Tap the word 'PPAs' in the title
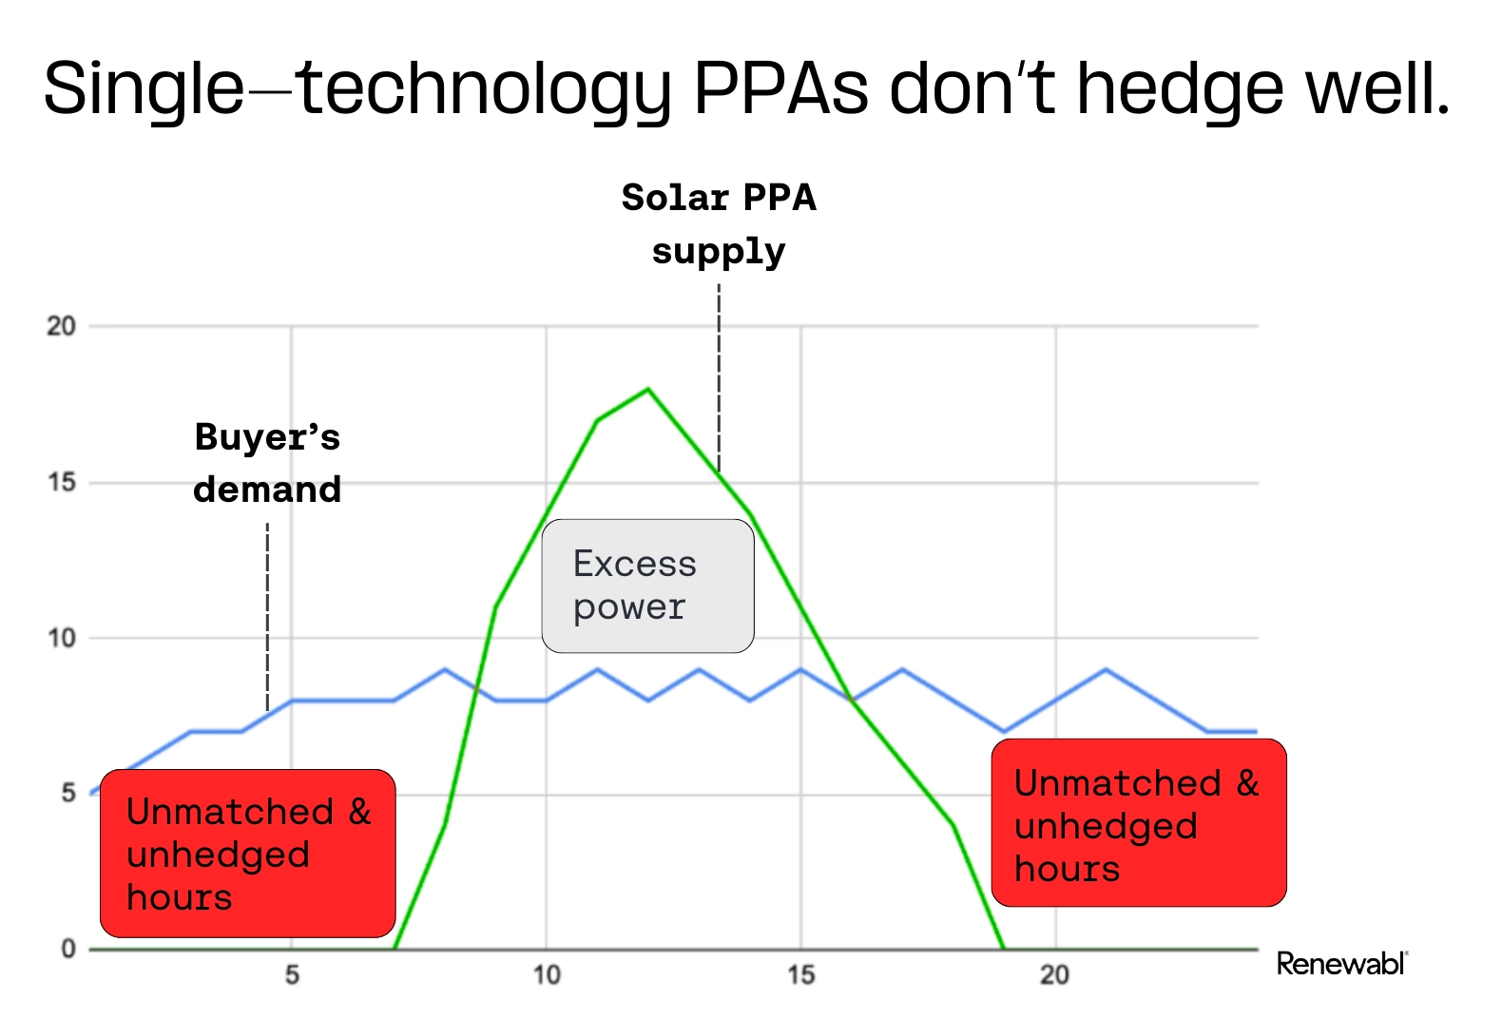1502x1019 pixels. [x=780, y=88]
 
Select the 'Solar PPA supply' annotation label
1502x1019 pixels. [x=719, y=224]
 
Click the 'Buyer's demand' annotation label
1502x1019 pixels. [x=267, y=463]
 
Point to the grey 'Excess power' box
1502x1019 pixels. [x=647, y=586]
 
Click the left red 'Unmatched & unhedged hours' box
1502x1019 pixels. [x=247, y=854]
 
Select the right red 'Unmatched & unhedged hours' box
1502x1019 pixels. [x=1138, y=823]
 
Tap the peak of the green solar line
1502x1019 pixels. [x=647, y=389]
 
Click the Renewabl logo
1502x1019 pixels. [x=1341, y=964]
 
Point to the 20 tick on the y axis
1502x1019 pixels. [x=61, y=326]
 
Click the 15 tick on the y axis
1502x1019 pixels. [x=61, y=483]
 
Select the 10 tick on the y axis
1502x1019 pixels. [x=61, y=638]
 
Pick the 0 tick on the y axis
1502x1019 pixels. [x=68, y=949]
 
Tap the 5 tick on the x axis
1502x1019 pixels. [x=292, y=975]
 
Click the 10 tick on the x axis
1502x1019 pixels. [x=546, y=975]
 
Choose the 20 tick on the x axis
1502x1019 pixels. [x=1053, y=975]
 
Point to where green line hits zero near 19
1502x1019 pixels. [x=1004, y=948]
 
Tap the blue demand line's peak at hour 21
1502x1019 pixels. [x=1105, y=670]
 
